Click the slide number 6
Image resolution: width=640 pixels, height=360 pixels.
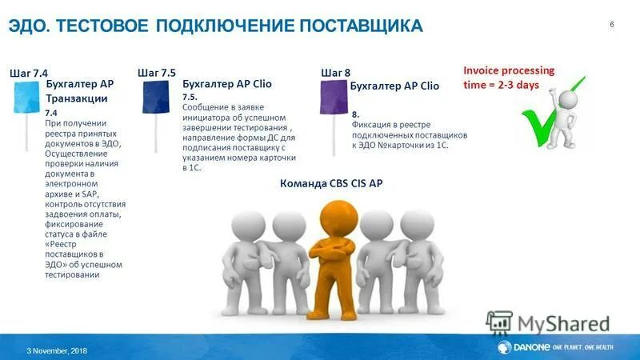(x=612, y=24)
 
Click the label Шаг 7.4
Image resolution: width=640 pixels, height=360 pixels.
(x=29, y=73)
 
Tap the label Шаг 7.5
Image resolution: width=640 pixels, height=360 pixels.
(x=157, y=73)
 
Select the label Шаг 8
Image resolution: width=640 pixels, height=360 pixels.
(x=335, y=73)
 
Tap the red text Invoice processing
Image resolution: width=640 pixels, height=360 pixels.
(x=508, y=70)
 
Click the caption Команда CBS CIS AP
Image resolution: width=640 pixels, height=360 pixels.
(x=331, y=183)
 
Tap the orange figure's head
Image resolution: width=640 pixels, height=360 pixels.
(x=334, y=216)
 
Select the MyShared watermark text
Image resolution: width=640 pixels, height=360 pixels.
(x=562, y=324)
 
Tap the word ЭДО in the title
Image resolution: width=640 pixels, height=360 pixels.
(x=28, y=26)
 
